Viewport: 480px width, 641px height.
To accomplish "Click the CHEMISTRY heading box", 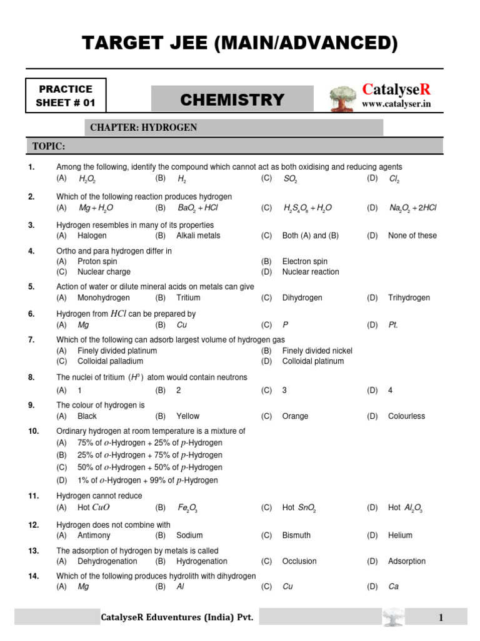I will tap(232, 100).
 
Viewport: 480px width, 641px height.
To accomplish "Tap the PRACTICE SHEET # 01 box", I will tap(66, 96).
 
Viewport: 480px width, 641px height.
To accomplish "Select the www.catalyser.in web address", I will tap(396, 104).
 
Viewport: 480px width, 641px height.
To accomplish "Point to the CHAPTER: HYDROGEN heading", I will tap(143, 128).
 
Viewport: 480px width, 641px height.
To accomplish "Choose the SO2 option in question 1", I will tap(289, 179).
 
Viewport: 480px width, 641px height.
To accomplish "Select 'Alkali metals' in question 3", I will tap(198, 235).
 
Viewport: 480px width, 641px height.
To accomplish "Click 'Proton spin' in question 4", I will tap(97, 261).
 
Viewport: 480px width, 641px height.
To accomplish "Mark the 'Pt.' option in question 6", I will tap(393, 325).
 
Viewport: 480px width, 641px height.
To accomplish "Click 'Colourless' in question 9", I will tap(406, 416).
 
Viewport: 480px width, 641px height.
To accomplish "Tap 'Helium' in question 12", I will tap(400, 535).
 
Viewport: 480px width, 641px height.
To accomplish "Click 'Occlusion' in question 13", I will tap(299, 561).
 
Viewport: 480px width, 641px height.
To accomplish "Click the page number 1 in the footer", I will tap(441, 618).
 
